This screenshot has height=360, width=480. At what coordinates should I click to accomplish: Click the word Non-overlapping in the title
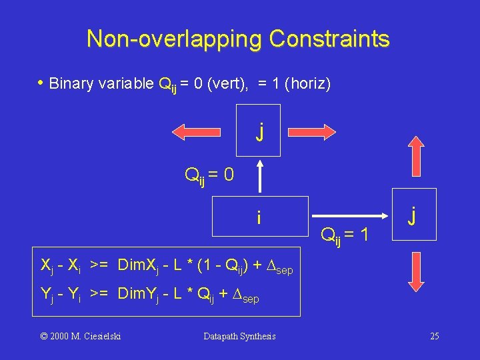coord(175,39)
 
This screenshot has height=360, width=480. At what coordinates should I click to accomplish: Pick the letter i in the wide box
coord(259,217)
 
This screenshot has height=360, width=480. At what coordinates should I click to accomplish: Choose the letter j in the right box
coord(415,216)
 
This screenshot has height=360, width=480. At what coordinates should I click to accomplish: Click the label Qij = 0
coord(209,175)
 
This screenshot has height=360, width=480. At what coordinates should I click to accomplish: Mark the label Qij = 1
coord(345,234)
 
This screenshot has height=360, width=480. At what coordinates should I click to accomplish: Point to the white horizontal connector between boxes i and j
coord(350,216)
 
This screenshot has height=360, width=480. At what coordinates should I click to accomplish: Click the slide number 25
coord(434,336)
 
